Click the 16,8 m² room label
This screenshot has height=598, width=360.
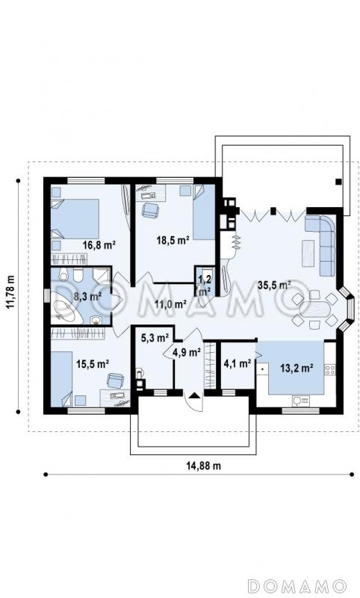[99, 245]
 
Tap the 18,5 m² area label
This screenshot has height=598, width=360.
[173, 240]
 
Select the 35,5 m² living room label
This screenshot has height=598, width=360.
[274, 285]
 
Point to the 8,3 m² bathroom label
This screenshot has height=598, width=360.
[87, 296]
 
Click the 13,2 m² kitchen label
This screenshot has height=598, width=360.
[297, 368]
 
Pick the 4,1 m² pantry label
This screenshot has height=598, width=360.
[237, 363]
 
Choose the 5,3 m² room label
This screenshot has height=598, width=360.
[155, 338]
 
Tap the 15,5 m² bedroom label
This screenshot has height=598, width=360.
[93, 364]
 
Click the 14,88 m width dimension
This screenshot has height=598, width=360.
[203, 465]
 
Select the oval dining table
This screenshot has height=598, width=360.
[314, 309]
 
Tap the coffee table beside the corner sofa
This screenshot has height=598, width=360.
[308, 253]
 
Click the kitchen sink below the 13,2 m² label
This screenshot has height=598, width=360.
[301, 401]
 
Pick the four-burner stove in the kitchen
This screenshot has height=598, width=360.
[330, 369]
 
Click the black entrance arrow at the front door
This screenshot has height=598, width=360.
[194, 395]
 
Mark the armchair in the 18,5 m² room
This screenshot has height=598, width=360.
[150, 210]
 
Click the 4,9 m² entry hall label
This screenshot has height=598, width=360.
[187, 352]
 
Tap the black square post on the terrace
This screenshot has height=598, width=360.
[338, 182]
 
